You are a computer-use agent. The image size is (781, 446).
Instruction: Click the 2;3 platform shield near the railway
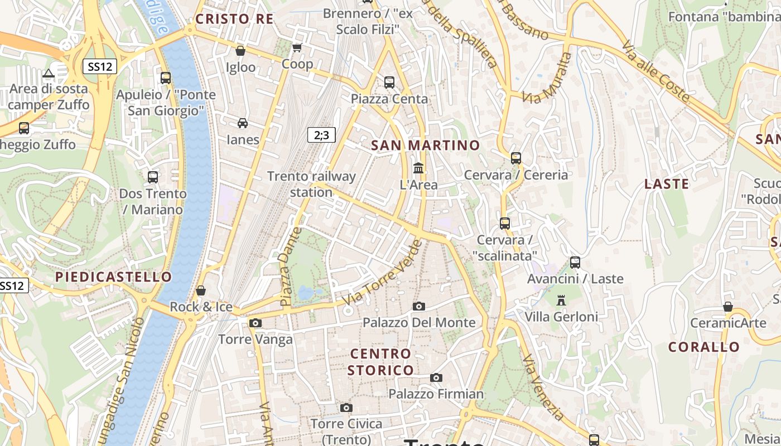(x=321, y=134)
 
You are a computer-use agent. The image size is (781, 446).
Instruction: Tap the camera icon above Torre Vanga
(x=255, y=323)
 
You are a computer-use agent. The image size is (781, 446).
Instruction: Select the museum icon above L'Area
(x=418, y=168)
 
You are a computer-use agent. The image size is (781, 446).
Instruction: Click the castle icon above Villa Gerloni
(x=561, y=300)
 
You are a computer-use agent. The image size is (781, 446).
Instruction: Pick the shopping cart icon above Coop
(x=297, y=48)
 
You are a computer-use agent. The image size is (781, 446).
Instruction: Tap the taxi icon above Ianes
(x=243, y=123)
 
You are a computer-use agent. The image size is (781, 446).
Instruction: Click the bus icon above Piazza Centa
(x=389, y=83)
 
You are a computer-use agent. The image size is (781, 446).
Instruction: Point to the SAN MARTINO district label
(x=425, y=146)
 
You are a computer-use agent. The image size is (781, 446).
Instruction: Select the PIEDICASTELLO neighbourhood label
(x=114, y=277)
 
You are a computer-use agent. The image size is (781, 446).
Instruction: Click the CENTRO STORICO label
(x=381, y=362)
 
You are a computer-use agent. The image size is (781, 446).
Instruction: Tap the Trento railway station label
(x=311, y=185)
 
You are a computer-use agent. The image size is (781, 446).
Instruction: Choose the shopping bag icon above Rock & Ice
(x=201, y=290)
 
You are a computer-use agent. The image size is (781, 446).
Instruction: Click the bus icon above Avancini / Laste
(x=575, y=262)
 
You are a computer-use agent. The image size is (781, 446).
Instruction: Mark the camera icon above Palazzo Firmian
(x=436, y=377)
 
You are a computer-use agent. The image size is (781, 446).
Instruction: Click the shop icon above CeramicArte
(x=727, y=307)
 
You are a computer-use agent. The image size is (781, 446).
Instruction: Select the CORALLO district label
(x=704, y=347)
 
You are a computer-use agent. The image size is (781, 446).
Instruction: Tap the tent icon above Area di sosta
(x=49, y=73)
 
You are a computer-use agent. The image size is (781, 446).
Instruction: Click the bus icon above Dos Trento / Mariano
(x=153, y=177)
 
